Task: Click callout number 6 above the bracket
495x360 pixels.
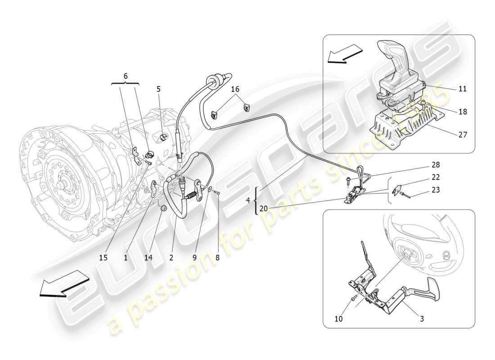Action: [125, 76]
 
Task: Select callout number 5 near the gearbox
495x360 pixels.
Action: [158, 89]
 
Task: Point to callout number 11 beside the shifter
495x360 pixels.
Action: [462, 89]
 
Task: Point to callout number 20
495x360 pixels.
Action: [263, 208]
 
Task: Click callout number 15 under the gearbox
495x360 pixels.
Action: [103, 257]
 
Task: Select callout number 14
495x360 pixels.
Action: [148, 257]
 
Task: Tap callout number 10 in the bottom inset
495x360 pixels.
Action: [339, 319]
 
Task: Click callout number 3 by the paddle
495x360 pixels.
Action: [421, 319]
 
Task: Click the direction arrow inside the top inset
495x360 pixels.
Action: [345, 54]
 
